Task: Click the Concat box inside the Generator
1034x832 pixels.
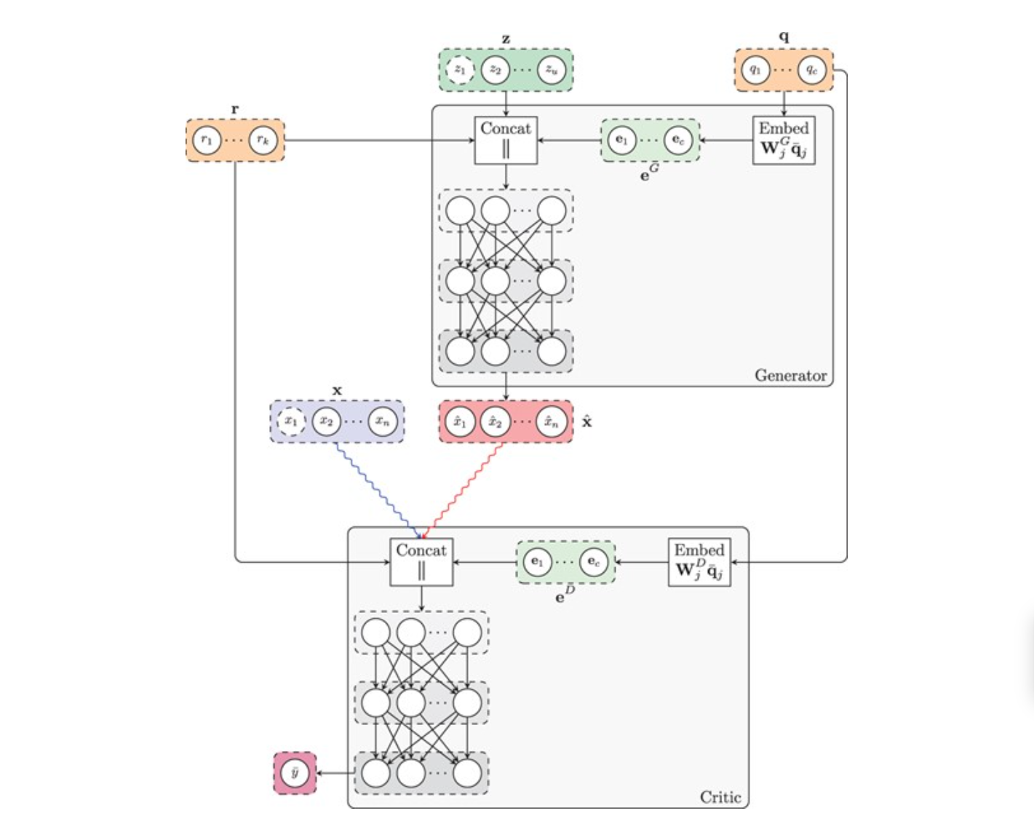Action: click(506, 140)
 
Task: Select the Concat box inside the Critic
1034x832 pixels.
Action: click(421, 562)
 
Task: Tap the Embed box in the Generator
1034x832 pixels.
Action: click(784, 140)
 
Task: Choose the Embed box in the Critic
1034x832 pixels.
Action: click(699, 562)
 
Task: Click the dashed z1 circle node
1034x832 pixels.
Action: click(460, 70)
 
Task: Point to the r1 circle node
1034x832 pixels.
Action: click(207, 140)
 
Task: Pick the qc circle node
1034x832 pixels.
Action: click(812, 70)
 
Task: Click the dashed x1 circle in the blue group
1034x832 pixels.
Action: click(291, 421)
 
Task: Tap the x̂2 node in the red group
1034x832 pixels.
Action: click(496, 421)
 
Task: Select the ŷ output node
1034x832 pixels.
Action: click(295, 773)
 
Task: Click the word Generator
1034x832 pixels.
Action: click(790, 376)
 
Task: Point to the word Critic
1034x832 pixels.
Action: click(720, 797)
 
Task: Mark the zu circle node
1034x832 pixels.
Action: click(552, 70)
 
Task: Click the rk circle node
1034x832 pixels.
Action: click(263, 140)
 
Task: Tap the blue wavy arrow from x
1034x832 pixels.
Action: click(371, 484)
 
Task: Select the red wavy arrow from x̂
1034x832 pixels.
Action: click(466, 484)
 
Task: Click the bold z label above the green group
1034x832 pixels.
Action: click(506, 39)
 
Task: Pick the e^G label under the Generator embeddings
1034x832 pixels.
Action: click(649, 173)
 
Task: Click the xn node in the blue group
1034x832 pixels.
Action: click(383, 421)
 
